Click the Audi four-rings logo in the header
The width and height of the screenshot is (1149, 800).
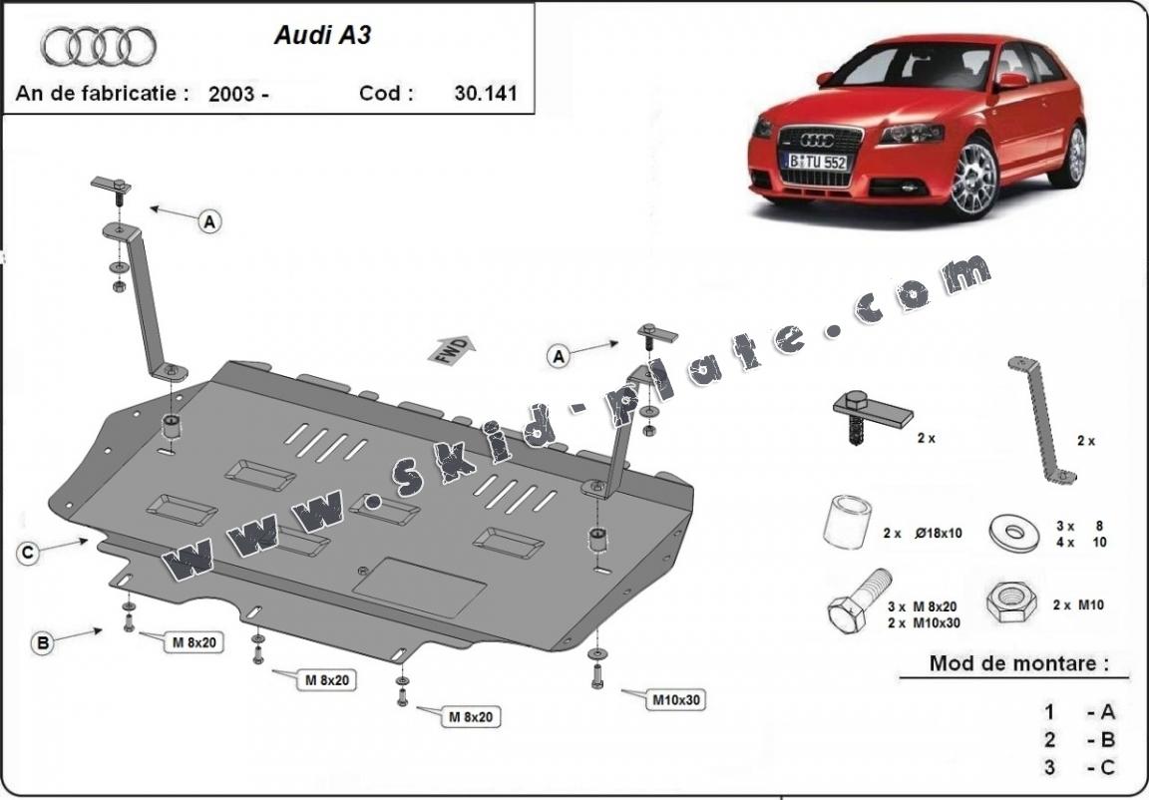[x=99, y=46]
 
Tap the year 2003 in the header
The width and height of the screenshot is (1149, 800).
[x=232, y=95]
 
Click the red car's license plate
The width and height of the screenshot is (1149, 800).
[x=816, y=162]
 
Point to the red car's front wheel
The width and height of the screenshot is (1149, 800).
[x=973, y=180]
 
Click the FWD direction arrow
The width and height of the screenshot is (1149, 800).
[x=452, y=350]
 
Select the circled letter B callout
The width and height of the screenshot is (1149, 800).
[x=43, y=644]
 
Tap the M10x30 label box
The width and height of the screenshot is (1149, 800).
[x=677, y=699]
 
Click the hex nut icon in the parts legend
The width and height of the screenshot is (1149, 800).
[x=1009, y=600]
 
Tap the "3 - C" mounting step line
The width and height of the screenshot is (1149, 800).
[x=1080, y=767]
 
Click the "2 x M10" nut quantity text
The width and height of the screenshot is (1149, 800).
[x=1077, y=604]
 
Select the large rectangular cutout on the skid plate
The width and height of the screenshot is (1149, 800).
[x=420, y=588]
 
